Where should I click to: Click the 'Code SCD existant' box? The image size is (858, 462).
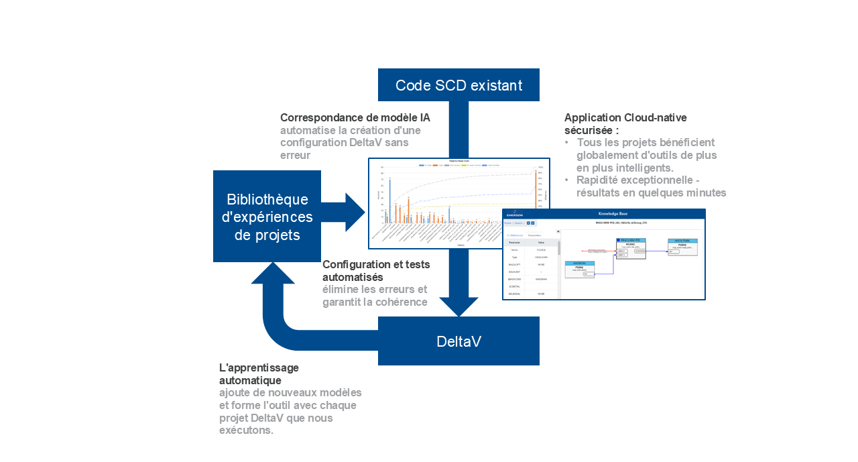(458, 85)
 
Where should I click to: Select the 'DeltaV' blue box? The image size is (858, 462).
(458, 341)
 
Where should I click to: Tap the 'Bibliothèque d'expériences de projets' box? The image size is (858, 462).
(267, 217)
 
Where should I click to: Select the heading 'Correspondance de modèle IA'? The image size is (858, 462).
(355, 117)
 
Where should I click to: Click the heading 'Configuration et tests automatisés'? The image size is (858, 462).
(376, 270)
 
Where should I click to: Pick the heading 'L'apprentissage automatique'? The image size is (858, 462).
(259, 374)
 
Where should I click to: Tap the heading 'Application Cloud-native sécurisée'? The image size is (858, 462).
(625, 123)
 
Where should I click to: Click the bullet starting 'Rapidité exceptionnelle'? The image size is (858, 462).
(651, 186)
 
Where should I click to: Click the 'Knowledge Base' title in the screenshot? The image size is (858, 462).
(612, 213)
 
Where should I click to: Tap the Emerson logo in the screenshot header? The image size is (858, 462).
(515, 216)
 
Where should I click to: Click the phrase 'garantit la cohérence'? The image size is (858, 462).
(375, 302)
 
